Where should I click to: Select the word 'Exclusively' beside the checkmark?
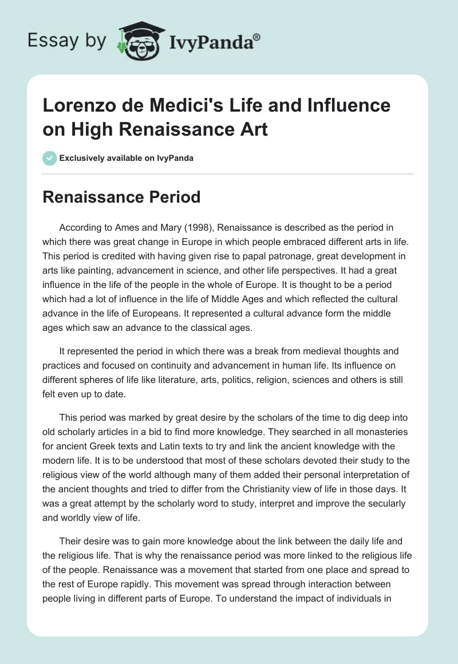pos(81,158)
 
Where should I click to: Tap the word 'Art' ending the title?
pos(254,129)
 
